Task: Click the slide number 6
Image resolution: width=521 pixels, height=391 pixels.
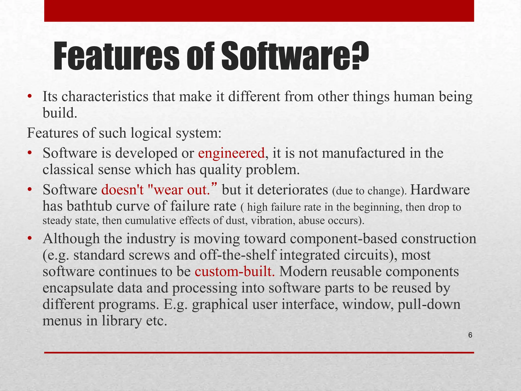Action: [470, 335]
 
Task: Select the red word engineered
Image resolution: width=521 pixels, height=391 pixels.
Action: [231, 153]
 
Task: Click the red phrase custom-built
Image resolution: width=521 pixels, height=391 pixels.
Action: [235, 271]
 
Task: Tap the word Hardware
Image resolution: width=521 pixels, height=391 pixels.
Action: [440, 190]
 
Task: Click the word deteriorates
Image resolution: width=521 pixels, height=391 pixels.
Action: [293, 190]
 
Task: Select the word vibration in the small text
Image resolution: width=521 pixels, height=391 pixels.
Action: [273, 220]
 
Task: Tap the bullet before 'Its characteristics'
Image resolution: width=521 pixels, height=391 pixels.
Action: [30, 96]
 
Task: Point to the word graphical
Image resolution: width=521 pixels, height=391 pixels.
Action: [220, 304]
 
